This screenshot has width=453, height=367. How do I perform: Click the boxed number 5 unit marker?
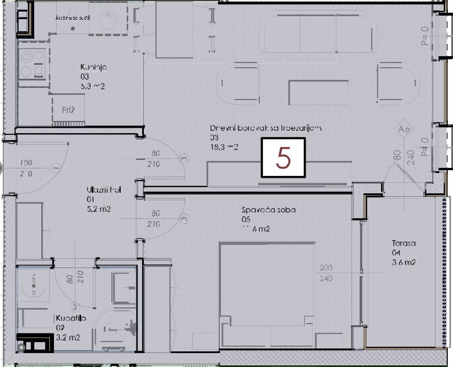(283, 157)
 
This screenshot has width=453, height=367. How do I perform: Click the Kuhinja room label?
(93, 67)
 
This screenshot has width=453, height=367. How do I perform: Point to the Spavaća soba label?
(269, 210)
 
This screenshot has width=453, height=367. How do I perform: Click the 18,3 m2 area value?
(224, 147)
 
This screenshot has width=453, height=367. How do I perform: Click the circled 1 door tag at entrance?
(56, 168)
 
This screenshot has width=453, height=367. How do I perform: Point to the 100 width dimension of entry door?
(26, 163)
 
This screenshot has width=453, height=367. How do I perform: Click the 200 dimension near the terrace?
(326, 268)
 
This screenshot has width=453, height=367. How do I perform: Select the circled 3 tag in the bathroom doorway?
(74, 306)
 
